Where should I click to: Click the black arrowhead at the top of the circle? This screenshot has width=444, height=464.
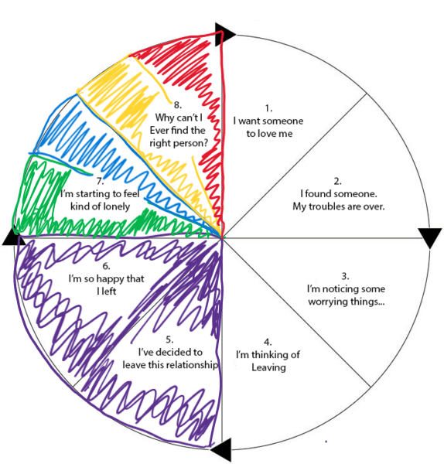coord(224,34)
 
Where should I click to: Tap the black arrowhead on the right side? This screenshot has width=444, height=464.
coord(430,236)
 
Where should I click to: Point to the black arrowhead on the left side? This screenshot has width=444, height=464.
coord(12,237)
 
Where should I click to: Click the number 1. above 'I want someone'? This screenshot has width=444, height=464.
coord(268,108)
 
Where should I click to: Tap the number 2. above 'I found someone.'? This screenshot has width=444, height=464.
coord(337,181)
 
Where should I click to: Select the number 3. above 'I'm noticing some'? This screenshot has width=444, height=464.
coord(345,276)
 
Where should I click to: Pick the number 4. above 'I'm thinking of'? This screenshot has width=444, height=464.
coord(268,342)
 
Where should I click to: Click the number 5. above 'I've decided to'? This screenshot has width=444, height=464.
coord(169,339)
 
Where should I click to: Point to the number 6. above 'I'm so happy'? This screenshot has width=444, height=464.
coord(106,266)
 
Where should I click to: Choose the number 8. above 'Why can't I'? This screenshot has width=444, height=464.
coord(178,104)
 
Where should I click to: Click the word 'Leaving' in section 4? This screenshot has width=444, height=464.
coord(268,367)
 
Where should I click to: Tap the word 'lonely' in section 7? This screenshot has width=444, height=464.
coord(114,206)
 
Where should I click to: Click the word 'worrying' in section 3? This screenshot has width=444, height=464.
coord(327,302)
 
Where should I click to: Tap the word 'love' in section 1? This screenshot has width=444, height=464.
coord(267,134)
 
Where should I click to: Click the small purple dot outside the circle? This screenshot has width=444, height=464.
coord(326,442)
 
